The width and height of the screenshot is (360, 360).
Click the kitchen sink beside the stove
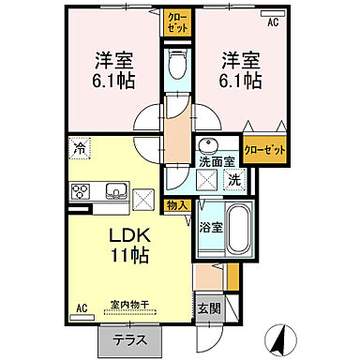[x=115, y=191]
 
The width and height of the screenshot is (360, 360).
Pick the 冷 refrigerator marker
[x=80, y=147]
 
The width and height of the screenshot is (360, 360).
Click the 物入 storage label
[x=179, y=204]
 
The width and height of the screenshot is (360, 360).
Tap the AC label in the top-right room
[x=273, y=22]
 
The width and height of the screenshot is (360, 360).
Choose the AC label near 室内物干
[x=82, y=307]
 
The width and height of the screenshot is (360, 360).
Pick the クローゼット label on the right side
[x=263, y=150]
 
